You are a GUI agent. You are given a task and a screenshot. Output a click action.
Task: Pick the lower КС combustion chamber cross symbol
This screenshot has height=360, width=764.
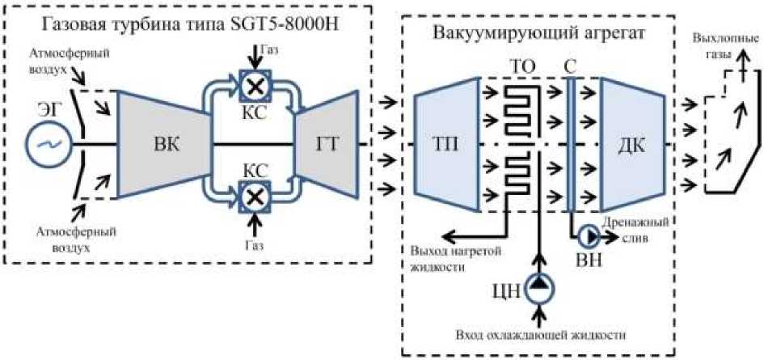tap(258, 196)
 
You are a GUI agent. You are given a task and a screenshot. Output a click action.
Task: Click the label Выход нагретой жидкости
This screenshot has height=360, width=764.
tap(446, 256)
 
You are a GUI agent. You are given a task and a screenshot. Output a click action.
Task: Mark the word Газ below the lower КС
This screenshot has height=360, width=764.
tap(258, 242)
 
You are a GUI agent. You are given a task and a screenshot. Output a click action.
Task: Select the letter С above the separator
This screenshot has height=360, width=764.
tap(570, 63)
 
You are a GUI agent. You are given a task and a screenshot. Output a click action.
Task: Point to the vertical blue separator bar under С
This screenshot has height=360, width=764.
tap(570, 146)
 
